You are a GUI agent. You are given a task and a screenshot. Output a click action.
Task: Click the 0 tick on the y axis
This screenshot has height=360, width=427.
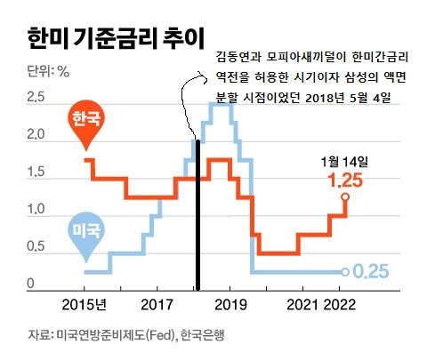coord(31,284)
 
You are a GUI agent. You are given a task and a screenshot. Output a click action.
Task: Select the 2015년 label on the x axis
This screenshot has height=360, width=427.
coord(85,306)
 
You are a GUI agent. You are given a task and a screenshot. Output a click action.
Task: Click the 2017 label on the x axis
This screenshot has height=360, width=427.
coord(157,306)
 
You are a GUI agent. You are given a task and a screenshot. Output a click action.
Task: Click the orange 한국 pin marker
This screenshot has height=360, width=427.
coord(86,121)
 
